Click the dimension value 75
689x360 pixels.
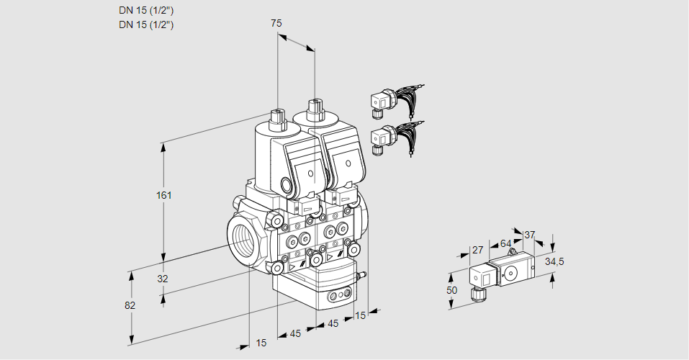coord(276,23)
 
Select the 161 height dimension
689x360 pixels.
coord(165,194)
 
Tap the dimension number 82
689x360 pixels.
coord(130,305)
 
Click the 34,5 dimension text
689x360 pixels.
coord(554,261)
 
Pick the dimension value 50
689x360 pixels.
coord(451,289)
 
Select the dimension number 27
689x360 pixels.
coord(477,250)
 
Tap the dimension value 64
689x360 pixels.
coord(505,243)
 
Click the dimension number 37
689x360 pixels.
coord(530,235)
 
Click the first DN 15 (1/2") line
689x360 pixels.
coord(146,10)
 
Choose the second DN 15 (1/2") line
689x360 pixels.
coord(146,24)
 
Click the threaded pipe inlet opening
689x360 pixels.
coord(244,237)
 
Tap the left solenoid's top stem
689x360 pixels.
coord(277,115)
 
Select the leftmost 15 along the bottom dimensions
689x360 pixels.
coord(261,343)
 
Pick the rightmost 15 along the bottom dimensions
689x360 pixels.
coord(361,315)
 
